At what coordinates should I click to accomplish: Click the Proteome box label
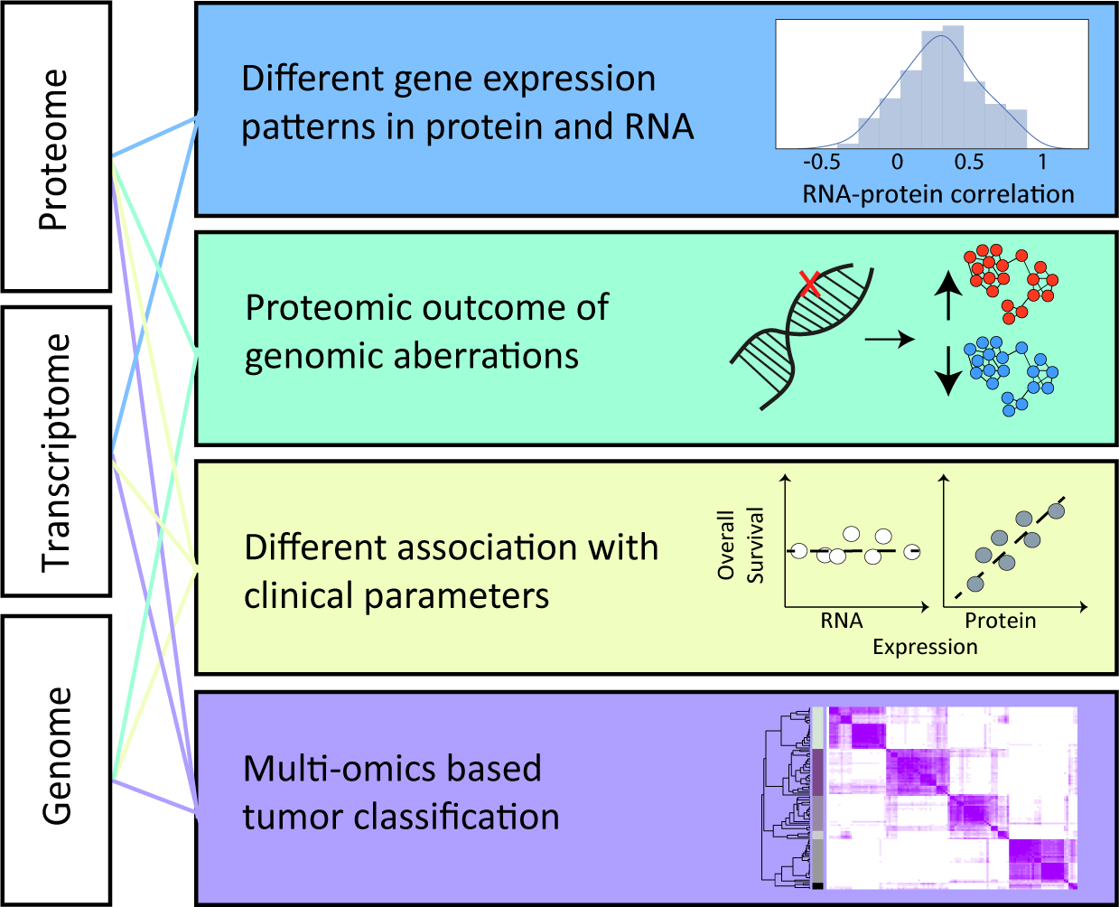[54, 149]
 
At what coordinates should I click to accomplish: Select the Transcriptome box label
[56, 452]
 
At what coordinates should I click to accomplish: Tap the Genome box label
[57, 756]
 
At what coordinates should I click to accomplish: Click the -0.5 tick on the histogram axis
[821, 163]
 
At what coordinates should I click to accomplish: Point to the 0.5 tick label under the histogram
[969, 163]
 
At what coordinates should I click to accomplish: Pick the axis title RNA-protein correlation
[938, 194]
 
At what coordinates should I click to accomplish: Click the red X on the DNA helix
[810, 285]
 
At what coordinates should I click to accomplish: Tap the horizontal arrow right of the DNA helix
[890, 340]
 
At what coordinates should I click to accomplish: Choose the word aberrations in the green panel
[488, 356]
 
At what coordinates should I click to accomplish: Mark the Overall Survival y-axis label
[740, 545]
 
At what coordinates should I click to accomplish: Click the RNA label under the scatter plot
[842, 621]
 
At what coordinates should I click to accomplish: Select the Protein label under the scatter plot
[1001, 621]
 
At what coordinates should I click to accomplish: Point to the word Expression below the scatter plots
[925, 647]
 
